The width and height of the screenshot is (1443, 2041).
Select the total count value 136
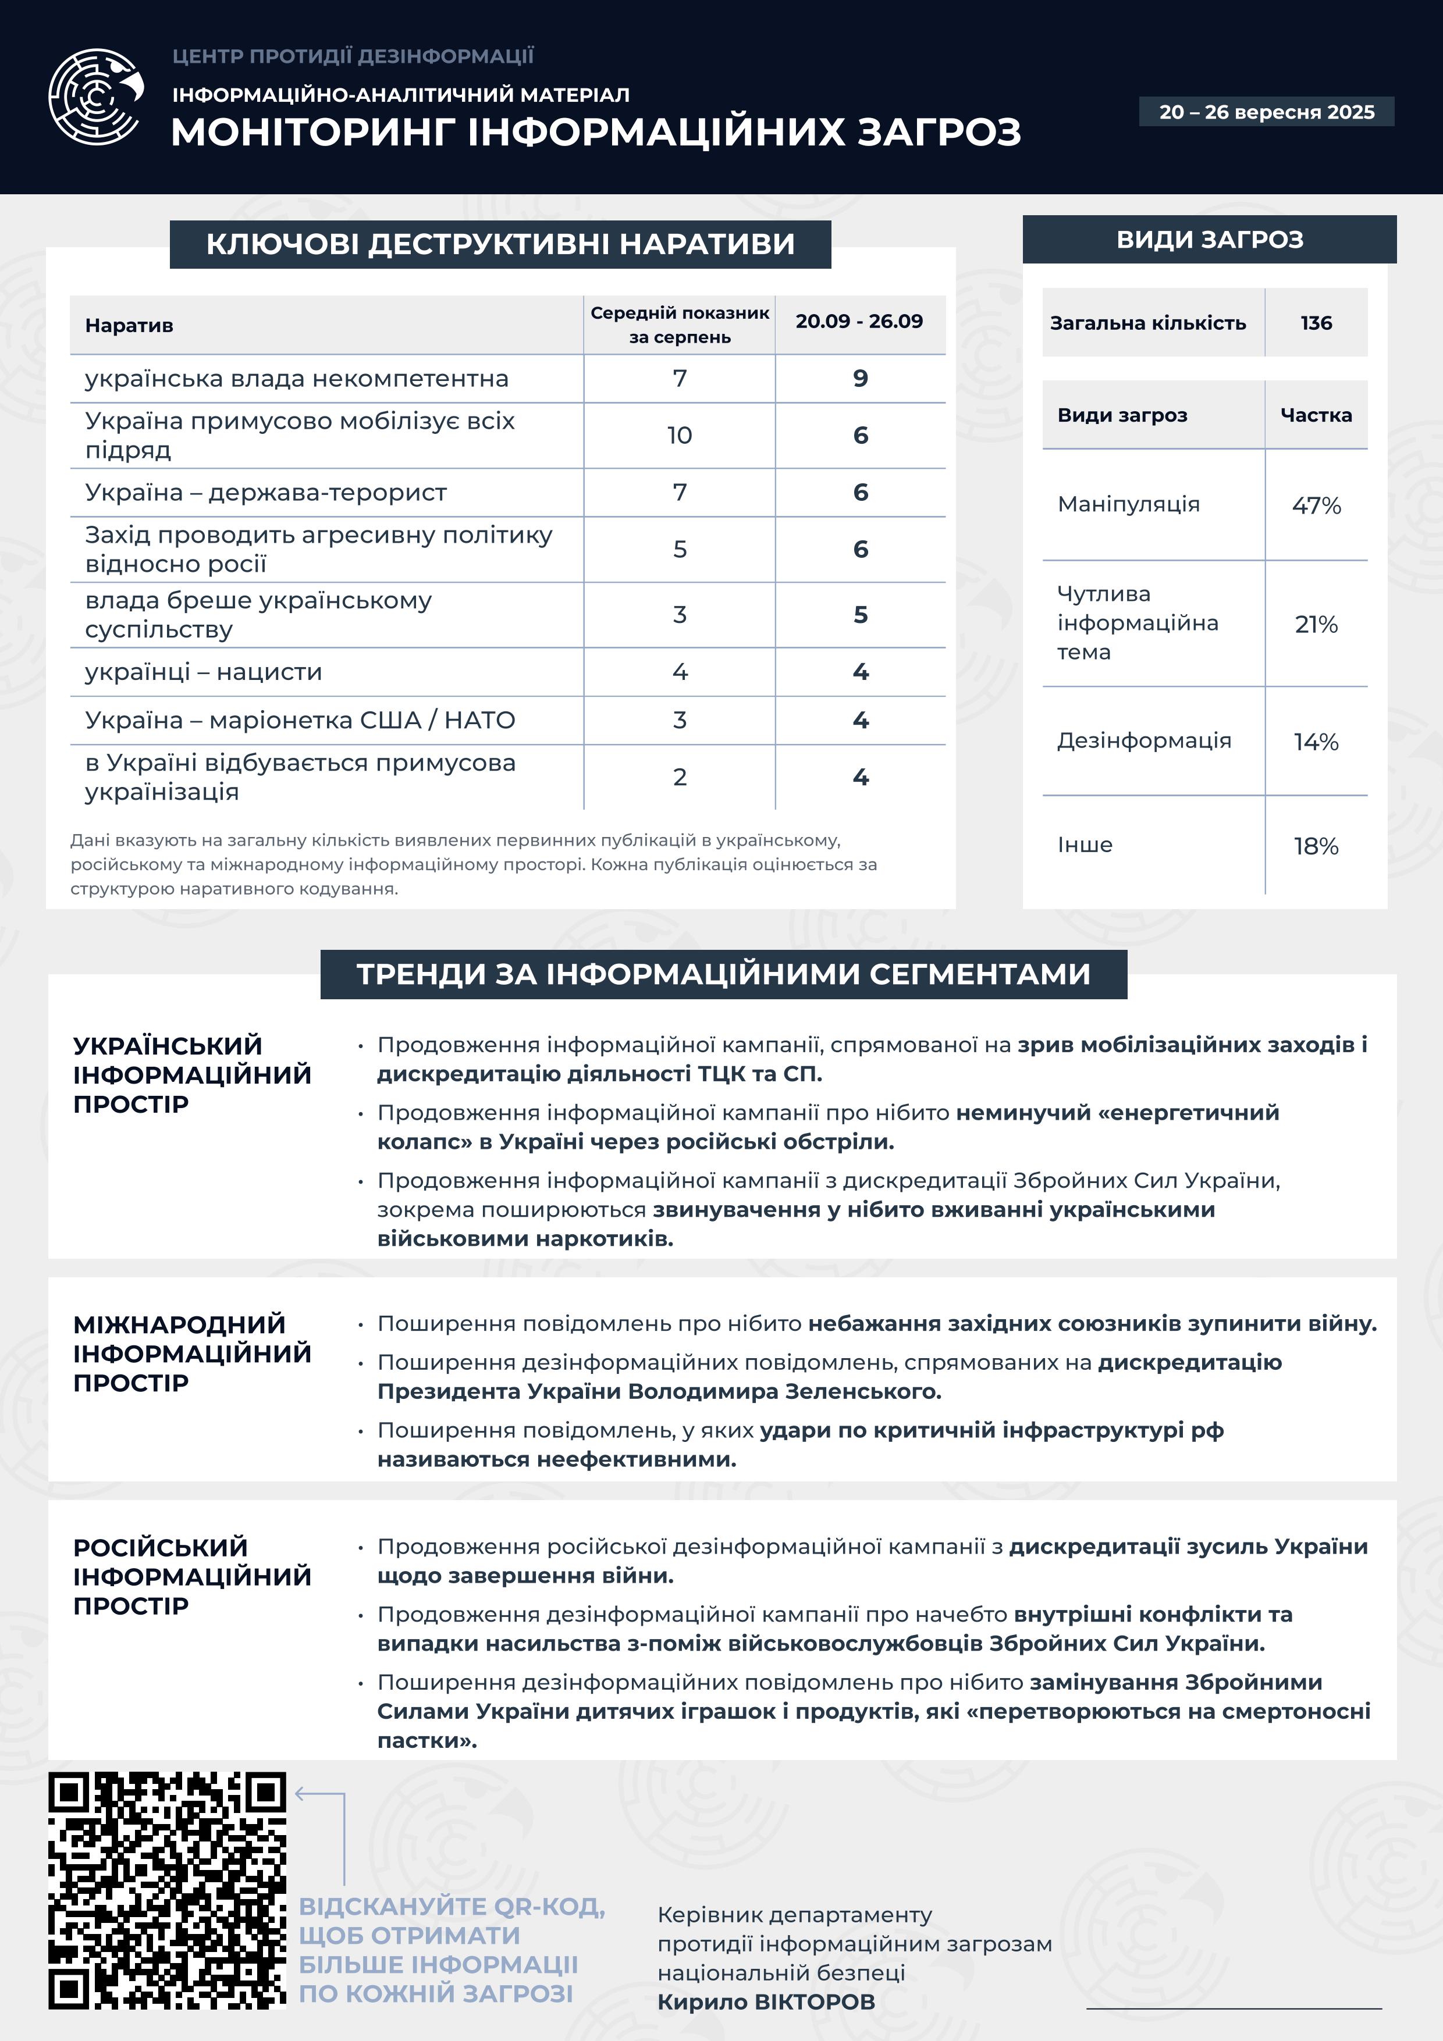(x=1316, y=323)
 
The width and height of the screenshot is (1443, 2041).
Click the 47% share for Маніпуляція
(x=1316, y=505)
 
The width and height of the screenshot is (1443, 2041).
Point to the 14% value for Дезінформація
(x=1316, y=742)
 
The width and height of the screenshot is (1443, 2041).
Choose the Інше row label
(x=1085, y=845)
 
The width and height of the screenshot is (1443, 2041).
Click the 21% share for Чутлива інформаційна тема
(x=1316, y=624)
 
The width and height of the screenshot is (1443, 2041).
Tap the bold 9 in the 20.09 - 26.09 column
(x=860, y=379)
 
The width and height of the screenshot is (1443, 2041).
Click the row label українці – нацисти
(x=204, y=672)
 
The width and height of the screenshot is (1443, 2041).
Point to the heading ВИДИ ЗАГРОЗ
(x=1209, y=239)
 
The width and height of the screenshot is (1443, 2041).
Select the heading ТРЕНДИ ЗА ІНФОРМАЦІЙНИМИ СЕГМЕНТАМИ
(x=723, y=974)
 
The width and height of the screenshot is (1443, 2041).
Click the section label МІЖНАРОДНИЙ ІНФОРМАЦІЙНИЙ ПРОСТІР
(x=192, y=1353)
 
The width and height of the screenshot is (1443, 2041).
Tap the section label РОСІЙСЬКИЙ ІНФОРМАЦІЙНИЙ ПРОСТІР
(x=192, y=1576)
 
